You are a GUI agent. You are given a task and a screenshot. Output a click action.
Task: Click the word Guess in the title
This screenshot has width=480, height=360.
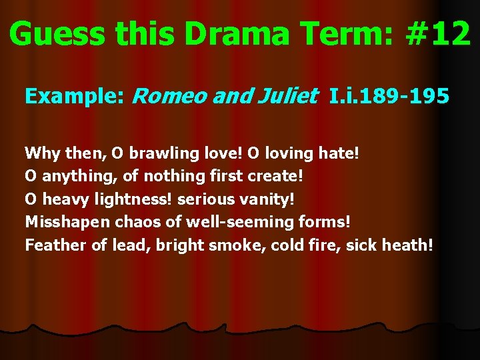54,34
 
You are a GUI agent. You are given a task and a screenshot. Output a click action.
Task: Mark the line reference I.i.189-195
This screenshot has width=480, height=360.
389,97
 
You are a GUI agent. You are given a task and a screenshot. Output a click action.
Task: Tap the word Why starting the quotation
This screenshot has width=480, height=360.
42,153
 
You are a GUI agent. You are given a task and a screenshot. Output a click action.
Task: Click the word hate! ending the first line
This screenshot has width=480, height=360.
338,153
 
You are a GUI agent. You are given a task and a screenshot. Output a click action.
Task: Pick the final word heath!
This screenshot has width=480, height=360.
407,245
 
